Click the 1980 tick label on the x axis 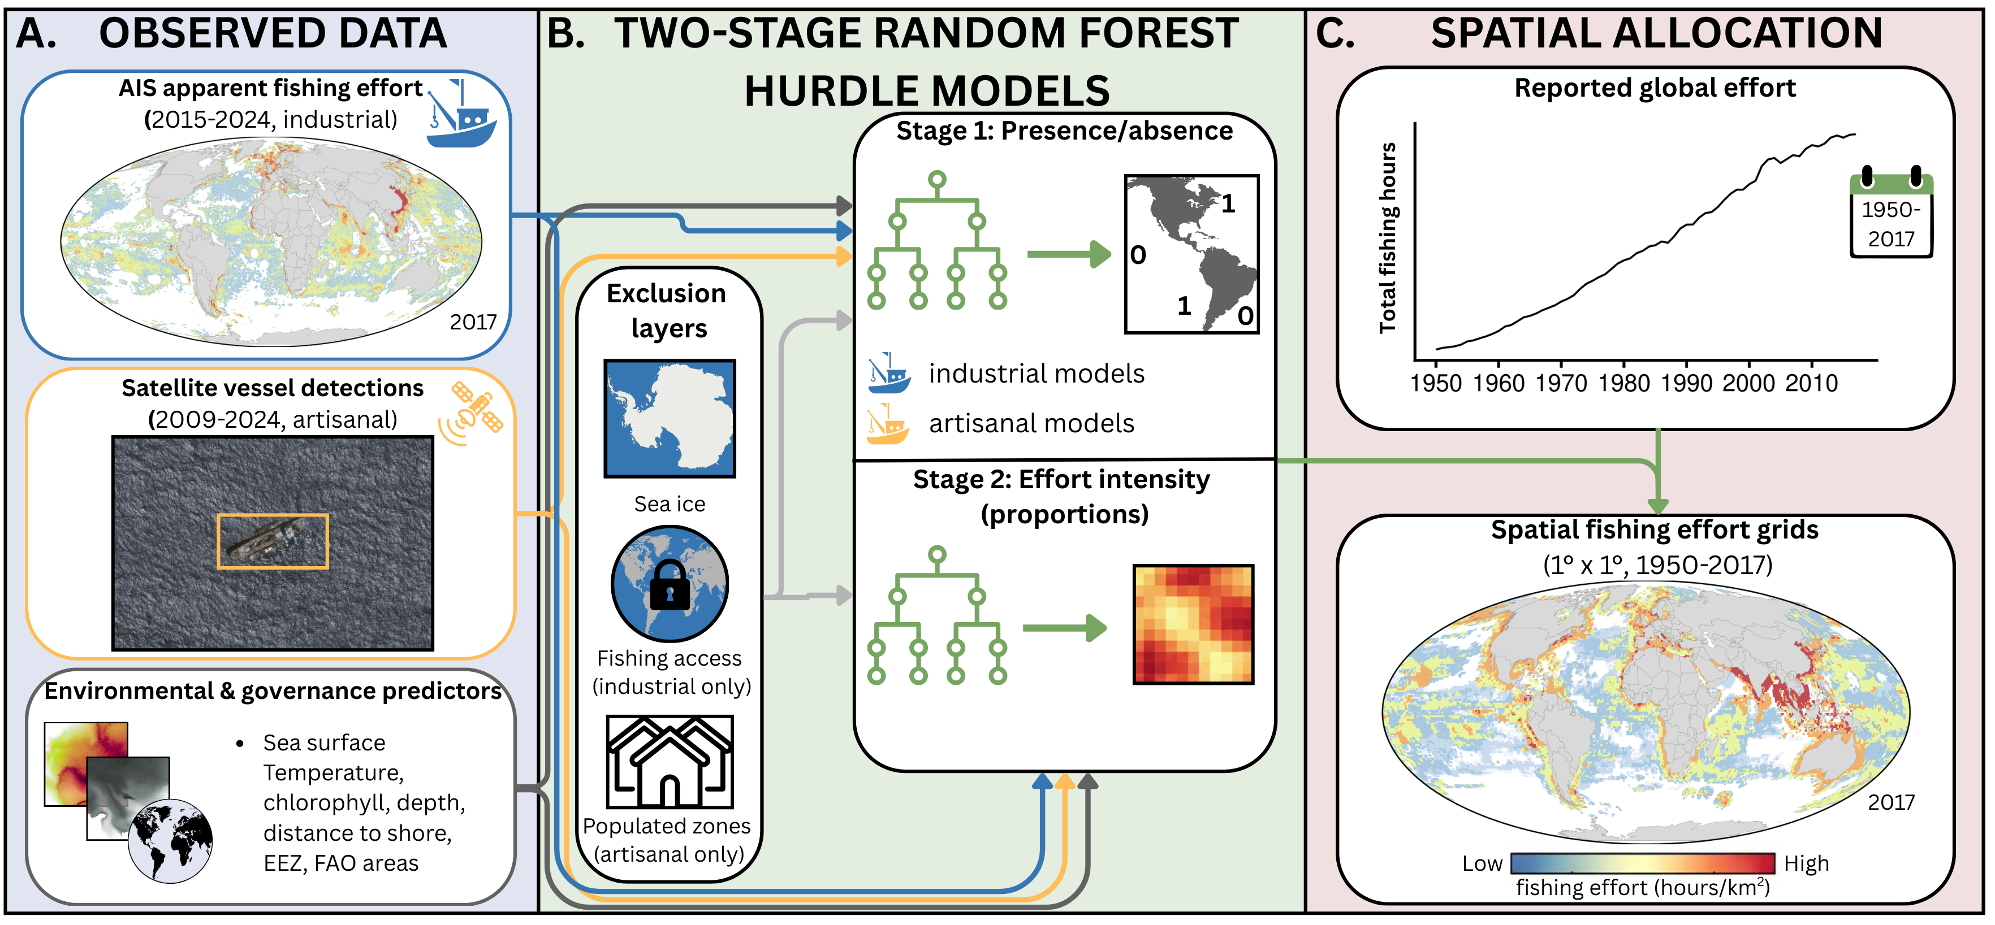[1623, 383]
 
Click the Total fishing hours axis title [1387, 238]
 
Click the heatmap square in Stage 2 [1193, 624]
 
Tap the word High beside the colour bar [1806, 863]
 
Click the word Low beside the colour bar [1482, 863]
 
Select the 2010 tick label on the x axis [1811, 383]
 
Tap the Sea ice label [669, 504]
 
